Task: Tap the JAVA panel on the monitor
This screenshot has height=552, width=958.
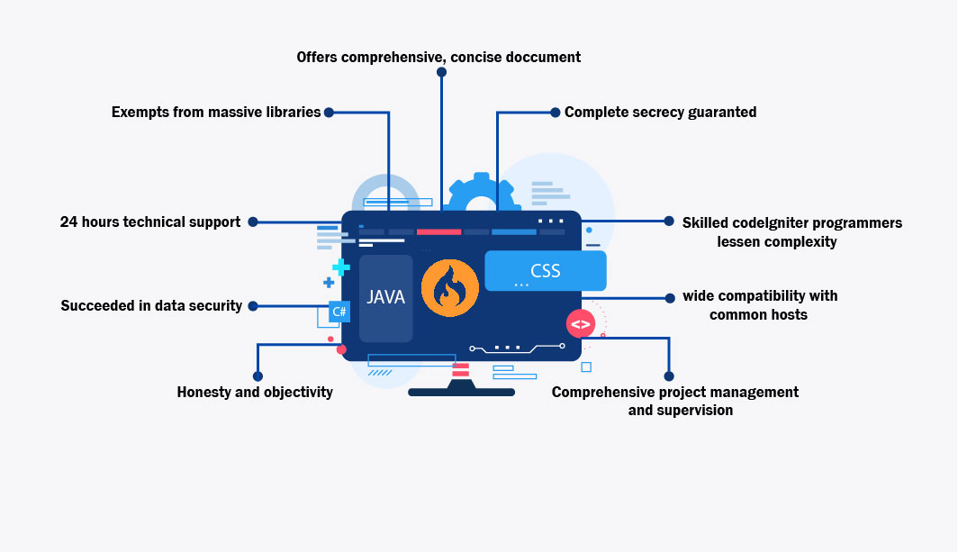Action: point(385,297)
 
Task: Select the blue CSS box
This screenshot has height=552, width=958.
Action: point(545,271)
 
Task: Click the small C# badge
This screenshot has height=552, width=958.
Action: point(339,312)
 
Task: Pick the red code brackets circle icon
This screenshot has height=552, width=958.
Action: point(581,324)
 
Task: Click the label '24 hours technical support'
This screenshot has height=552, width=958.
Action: point(150,222)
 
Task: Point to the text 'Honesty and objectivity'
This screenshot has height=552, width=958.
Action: point(255,392)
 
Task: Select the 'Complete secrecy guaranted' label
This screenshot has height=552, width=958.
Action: point(660,113)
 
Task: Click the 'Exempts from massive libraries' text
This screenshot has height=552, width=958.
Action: point(216,113)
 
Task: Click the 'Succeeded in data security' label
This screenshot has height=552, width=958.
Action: point(151,306)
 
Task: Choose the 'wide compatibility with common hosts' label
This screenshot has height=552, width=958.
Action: point(759,305)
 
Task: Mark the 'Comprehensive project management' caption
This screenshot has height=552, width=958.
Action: point(674,393)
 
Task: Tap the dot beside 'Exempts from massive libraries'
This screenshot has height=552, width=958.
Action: point(329,113)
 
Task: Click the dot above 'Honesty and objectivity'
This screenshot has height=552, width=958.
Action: point(258,376)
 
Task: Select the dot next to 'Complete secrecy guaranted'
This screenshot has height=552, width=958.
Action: point(555,113)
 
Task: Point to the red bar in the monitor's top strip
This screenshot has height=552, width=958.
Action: point(438,231)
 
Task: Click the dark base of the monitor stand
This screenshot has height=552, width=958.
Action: point(461,393)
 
